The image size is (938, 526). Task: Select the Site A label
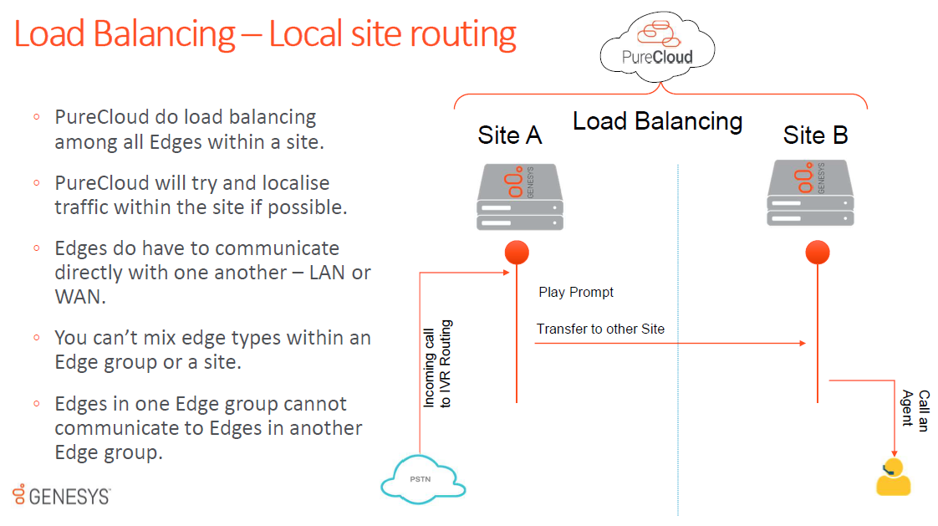coord(509,135)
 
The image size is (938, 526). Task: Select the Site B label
coord(815,135)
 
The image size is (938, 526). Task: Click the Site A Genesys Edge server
coord(520,197)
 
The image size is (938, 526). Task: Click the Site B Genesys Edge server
coord(810,195)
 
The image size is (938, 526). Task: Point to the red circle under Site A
coord(517,253)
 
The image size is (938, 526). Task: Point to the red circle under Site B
coord(817,253)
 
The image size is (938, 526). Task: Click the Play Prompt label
coord(576,293)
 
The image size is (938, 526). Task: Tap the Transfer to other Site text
coord(600,329)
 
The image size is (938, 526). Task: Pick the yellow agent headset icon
coord(892,477)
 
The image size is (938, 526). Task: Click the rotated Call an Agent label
coord(915,409)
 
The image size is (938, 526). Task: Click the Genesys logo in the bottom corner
coord(61,495)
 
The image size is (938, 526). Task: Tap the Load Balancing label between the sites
coord(657,122)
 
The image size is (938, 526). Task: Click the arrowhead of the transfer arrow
coord(803,343)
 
